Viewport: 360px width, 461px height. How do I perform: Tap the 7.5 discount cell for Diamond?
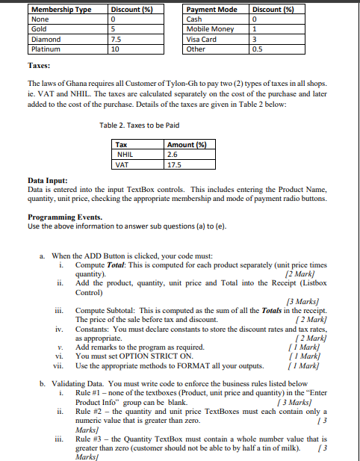tap(116, 39)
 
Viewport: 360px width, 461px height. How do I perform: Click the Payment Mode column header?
tap(211, 9)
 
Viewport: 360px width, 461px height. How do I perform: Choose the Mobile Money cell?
tap(210, 29)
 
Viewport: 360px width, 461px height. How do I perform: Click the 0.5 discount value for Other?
tap(258, 49)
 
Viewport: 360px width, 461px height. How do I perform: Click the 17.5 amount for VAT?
tap(176, 164)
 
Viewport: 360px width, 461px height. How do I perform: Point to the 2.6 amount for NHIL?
tap(173, 154)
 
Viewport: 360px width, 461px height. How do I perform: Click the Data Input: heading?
tap(47, 180)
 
